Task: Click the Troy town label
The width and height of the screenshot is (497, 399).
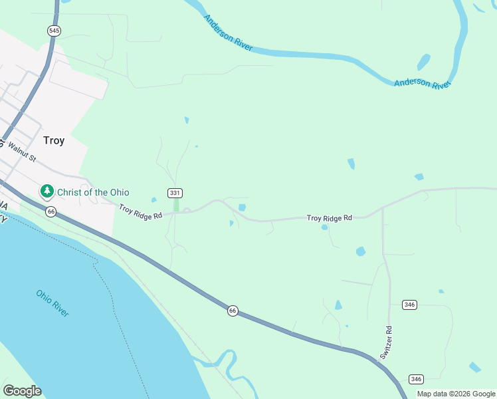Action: [53, 140]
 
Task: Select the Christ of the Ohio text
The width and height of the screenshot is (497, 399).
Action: [93, 192]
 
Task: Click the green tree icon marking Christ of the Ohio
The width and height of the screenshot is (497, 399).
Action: [47, 192]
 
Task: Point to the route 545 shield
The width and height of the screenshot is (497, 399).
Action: [54, 31]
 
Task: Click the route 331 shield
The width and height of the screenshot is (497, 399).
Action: [175, 193]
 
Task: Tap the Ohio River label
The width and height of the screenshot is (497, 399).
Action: [53, 303]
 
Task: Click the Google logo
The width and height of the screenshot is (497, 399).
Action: [22, 391]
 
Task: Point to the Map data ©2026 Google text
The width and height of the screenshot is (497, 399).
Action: [456, 394]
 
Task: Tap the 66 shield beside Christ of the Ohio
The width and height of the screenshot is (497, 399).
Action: [50, 211]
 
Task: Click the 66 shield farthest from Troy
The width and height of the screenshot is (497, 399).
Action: [233, 311]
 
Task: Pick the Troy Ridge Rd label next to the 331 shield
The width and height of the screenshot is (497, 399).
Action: [140, 211]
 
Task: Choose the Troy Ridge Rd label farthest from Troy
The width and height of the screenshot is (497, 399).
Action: [329, 217]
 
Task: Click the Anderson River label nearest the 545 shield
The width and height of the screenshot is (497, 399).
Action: [228, 33]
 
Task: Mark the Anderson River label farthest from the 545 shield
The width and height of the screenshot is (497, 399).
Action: [422, 84]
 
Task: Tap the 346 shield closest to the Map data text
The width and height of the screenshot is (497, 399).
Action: [416, 379]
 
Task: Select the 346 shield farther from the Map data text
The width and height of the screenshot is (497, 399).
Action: [409, 305]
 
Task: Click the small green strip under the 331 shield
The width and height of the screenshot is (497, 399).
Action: [176, 205]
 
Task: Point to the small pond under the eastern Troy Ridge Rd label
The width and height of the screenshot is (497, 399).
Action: [324, 227]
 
